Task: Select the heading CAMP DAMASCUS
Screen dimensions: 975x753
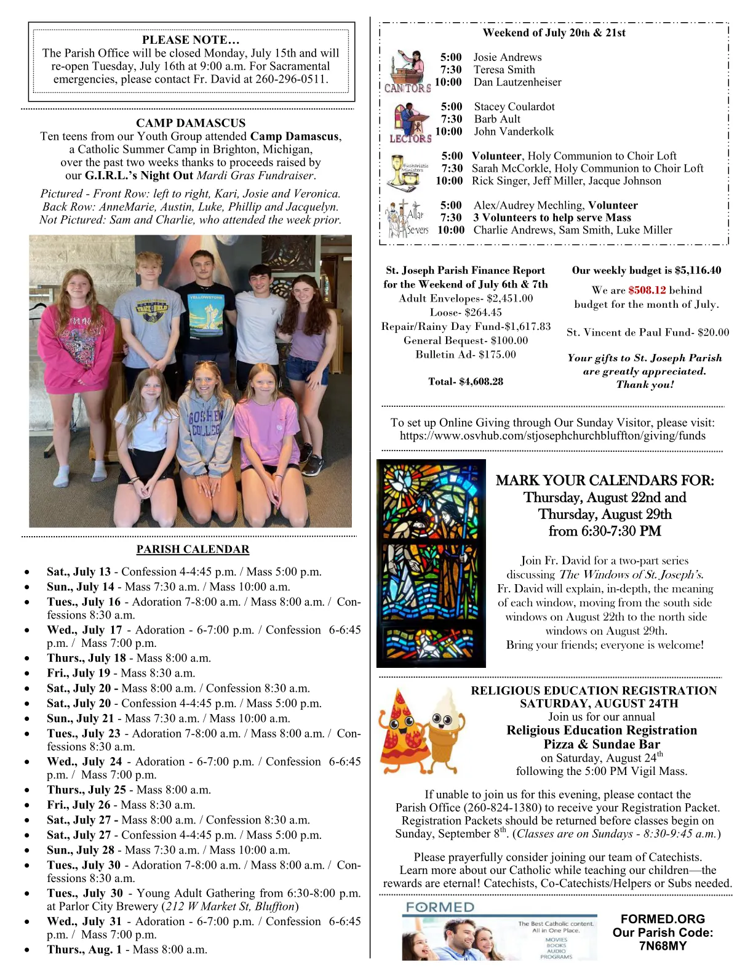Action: coord(191,123)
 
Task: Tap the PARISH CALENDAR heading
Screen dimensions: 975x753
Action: coord(193,550)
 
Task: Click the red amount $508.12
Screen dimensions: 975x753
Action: coord(647,290)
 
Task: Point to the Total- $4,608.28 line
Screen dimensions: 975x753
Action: coord(466,382)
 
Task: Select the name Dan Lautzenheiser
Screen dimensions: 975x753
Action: coord(517,82)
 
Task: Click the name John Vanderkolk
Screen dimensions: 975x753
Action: coord(514,132)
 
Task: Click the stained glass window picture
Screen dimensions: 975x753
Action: coord(431,563)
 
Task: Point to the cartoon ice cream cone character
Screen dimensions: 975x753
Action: coord(444,729)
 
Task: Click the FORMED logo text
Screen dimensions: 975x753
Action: coord(440,907)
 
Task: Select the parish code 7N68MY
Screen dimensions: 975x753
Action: coord(663,946)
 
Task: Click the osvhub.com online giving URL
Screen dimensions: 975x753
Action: coord(552,436)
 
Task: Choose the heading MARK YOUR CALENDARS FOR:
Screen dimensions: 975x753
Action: coord(605,481)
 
